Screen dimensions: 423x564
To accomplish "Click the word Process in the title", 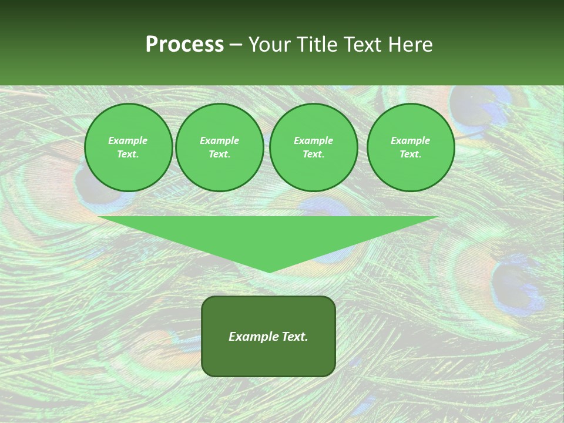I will coord(184,45).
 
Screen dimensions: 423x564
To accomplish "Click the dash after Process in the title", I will coord(236,45).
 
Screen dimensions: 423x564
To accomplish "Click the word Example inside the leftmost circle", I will coord(128,140).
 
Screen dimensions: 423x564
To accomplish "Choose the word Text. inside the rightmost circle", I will coord(411,154).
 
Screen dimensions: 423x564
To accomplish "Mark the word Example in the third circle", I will coord(313,140).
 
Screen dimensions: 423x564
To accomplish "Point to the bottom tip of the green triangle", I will coord(269,271).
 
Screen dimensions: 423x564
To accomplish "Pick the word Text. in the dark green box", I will coord(295,337).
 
